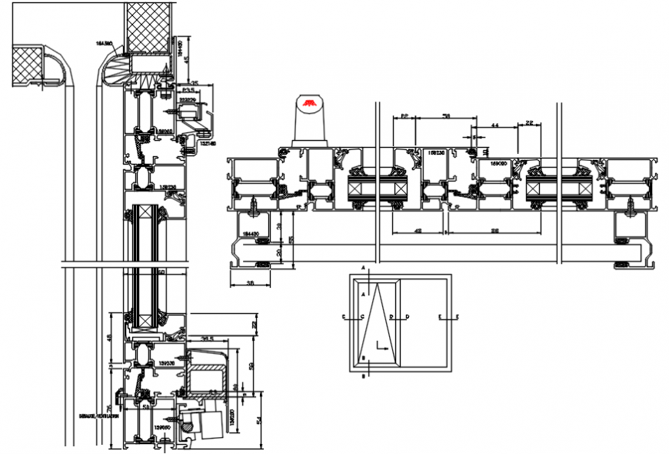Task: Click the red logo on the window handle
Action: (311, 103)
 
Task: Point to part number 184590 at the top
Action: (105, 44)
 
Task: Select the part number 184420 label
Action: (250, 232)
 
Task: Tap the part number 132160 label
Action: (208, 143)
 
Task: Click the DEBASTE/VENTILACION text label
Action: (98, 415)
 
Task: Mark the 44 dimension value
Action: (495, 124)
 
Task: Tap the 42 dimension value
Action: (418, 230)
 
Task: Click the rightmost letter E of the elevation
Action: (458, 316)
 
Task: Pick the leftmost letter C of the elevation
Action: (344, 316)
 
